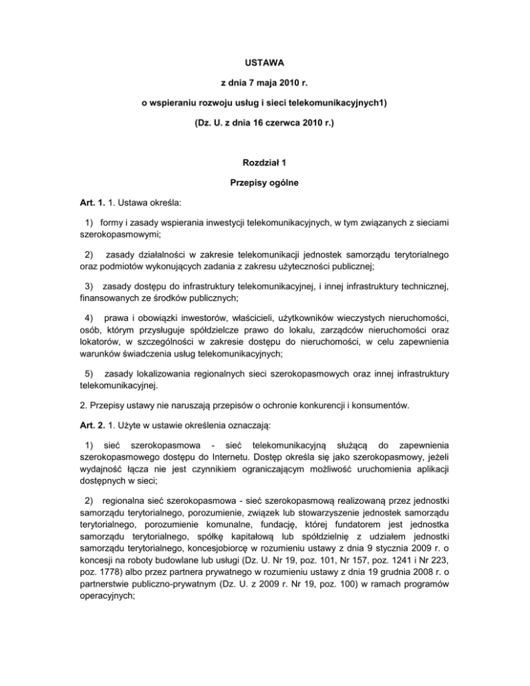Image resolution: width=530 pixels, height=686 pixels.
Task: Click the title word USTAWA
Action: (265, 61)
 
